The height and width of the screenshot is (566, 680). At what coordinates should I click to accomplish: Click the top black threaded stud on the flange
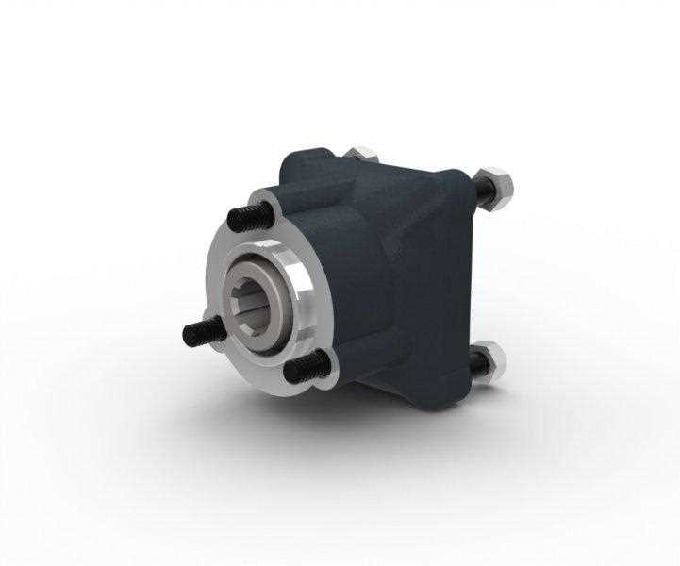pos(247,216)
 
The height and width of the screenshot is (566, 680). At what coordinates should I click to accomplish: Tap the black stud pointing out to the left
pos(200,331)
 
